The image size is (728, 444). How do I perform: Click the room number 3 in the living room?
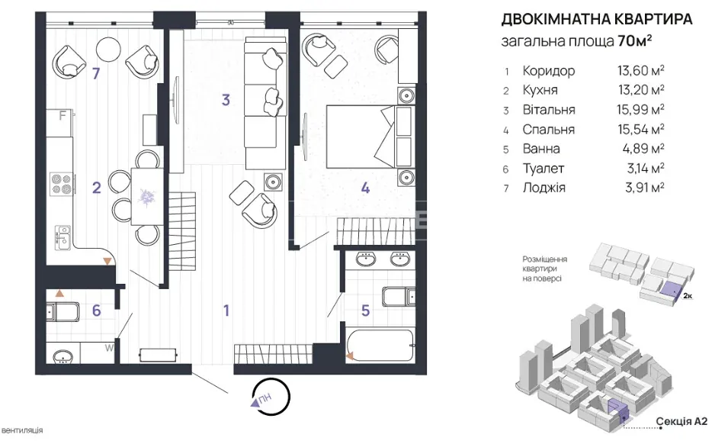pyautogui.click(x=226, y=100)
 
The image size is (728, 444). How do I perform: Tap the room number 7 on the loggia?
pyautogui.click(x=96, y=73)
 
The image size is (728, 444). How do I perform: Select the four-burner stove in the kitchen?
pyautogui.click(x=62, y=183)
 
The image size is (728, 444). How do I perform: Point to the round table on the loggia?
pyautogui.click(x=108, y=50)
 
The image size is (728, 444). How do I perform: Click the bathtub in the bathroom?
pyautogui.click(x=380, y=346)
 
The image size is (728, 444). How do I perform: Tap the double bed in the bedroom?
pyautogui.click(x=370, y=137)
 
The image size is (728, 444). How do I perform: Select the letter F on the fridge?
pyautogui.click(x=63, y=115)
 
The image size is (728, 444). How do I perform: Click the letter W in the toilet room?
pyautogui.click(x=109, y=347)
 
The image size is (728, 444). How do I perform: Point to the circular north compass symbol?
pyautogui.click(x=271, y=397)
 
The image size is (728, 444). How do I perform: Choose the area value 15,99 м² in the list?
pyautogui.click(x=640, y=110)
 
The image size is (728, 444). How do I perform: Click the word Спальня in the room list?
pyautogui.click(x=549, y=129)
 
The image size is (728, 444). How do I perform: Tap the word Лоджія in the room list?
pyautogui.click(x=544, y=188)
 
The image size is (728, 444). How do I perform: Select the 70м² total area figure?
pyautogui.click(x=635, y=41)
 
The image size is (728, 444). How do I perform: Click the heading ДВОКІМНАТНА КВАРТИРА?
pyautogui.click(x=597, y=19)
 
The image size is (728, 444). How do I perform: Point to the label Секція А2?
pyautogui.click(x=681, y=421)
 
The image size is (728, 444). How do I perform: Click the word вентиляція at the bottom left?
pyautogui.click(x=22, y=430)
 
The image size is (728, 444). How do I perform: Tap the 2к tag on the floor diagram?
pyautogui.click(x=688, y=295)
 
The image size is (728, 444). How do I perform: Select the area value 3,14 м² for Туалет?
pyautogui.click(x=646, y=168)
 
